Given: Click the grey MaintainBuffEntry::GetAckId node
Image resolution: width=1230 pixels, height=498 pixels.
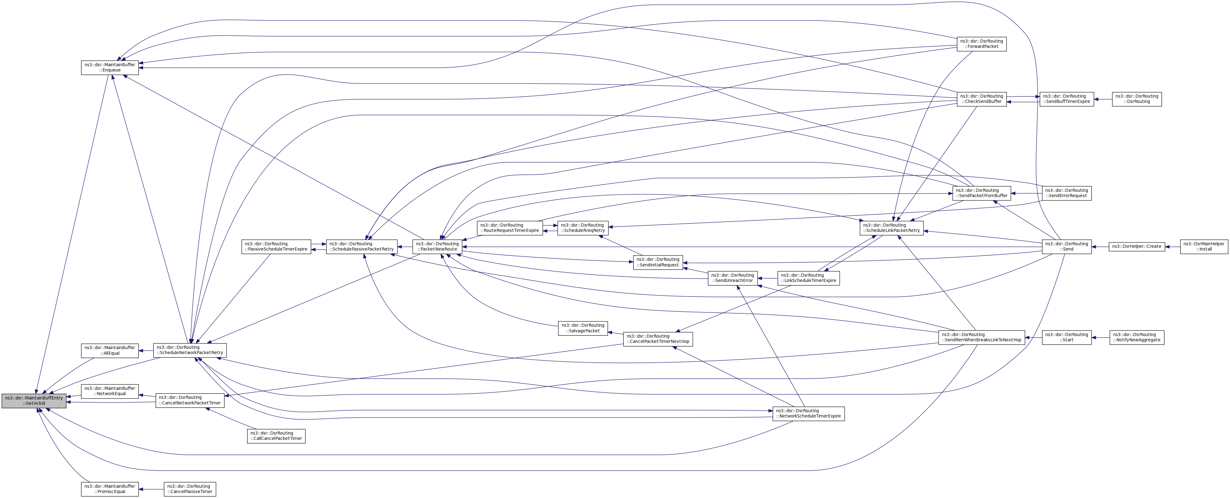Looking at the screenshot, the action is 34,401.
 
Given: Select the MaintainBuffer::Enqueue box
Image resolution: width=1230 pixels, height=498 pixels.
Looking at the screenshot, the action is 110,67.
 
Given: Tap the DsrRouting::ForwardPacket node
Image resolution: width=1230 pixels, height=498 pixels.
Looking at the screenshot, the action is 982,44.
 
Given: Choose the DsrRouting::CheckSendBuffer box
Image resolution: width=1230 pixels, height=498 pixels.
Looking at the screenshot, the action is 982,99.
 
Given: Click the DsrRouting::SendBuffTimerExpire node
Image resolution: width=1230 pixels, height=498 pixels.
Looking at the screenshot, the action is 1067,99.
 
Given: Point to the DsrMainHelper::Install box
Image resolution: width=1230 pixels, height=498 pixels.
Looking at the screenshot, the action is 1204,247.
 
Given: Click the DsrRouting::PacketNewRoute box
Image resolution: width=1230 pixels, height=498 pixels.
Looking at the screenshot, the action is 437,247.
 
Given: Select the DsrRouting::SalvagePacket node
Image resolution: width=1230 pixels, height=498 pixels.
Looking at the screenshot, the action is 583,328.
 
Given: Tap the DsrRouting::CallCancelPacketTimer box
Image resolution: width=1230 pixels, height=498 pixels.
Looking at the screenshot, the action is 276,436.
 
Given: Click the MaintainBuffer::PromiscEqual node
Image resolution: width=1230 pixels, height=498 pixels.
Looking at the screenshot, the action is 110,489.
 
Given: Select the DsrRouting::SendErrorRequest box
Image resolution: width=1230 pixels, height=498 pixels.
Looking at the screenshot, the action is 1067,193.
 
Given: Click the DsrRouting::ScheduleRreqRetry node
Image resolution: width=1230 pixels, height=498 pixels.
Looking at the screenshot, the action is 583,228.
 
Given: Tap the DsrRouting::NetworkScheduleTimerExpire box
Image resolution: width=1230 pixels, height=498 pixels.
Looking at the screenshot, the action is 808,413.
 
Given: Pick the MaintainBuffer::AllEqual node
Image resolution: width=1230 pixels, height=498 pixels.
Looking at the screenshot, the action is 110,351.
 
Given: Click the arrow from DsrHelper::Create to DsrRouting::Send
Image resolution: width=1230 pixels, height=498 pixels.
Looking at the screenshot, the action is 1100,247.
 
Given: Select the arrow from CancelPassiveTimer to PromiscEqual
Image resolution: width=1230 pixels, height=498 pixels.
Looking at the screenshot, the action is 151,489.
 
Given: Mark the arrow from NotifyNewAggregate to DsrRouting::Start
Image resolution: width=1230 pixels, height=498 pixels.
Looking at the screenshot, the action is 1101,337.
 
